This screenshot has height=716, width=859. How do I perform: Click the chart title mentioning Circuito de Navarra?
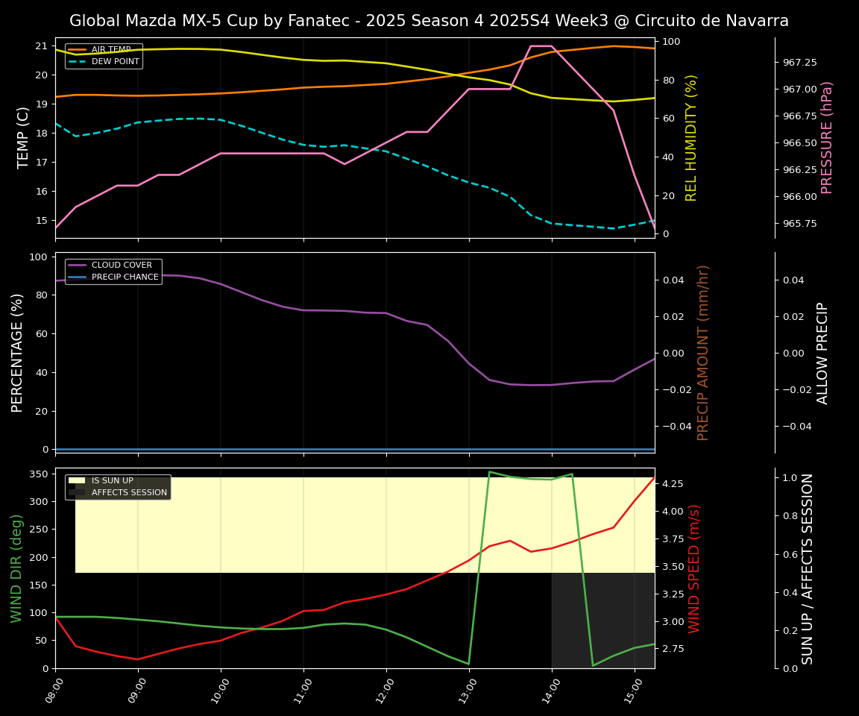(x=429, y=21)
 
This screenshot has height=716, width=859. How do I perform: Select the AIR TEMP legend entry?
(x=110, y=49)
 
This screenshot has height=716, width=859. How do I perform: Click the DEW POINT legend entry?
(x=115, y=61)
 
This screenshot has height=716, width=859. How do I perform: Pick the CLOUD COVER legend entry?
(x=122, y=265)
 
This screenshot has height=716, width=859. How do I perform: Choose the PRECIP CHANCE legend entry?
(x=125, y=277)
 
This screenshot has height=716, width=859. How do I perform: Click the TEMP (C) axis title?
(x=24, y=137)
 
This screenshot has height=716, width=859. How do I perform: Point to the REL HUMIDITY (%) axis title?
(x=691, y=137)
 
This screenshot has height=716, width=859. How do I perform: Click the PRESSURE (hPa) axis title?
(x=827, y=137)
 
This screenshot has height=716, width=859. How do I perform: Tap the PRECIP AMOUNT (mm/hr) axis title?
(x=703, y=352)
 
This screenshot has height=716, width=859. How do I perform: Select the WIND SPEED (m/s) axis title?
(x=694, y=568)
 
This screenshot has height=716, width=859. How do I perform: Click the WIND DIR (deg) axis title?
(x=16, y=568)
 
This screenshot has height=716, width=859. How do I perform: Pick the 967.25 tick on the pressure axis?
(x=799, y=63)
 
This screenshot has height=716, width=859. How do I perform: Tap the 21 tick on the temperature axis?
(x=42, y=45)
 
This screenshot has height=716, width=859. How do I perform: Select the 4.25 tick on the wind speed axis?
(x=674, y=484)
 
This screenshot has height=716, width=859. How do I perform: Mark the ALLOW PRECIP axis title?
(x=823, y=352)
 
